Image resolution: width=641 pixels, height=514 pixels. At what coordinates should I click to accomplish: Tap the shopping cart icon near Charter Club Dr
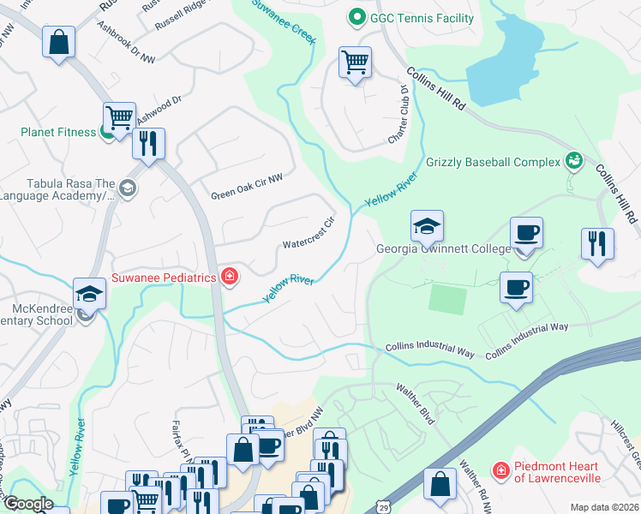(x=355, y=63)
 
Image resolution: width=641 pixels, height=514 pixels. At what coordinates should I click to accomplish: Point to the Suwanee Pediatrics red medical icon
(x=229, y=276)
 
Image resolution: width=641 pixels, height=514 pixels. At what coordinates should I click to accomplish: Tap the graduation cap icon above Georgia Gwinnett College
(x=427, y=227)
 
